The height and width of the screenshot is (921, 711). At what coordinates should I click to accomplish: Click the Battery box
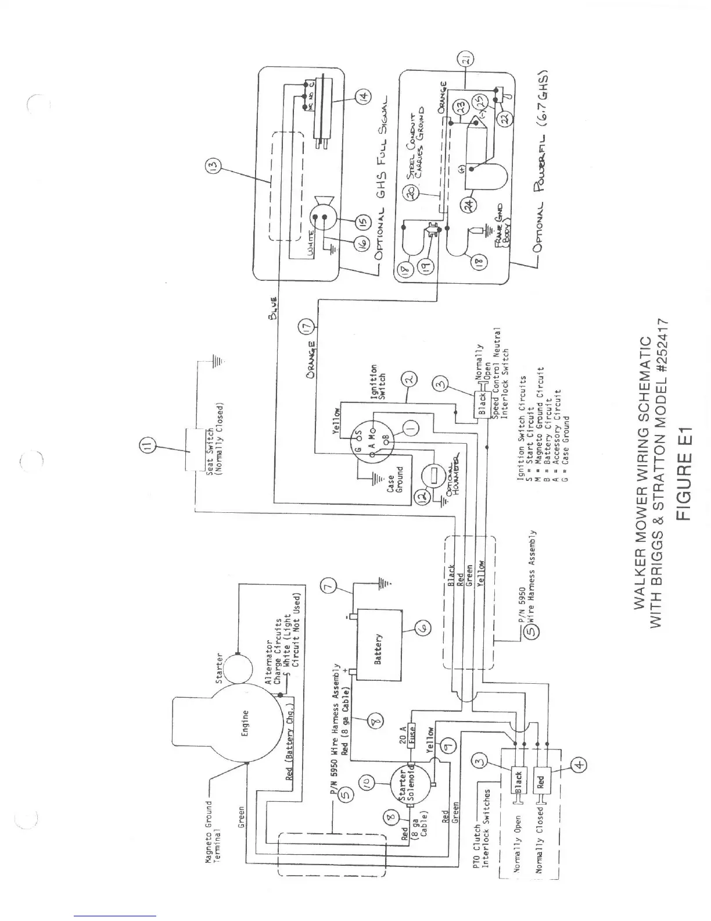coord(378,644)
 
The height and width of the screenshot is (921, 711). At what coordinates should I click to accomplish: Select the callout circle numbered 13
coord(211,169)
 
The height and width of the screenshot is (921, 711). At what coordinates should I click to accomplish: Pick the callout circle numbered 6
coord(422,627)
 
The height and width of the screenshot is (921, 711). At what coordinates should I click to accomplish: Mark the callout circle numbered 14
coord(362,95)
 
